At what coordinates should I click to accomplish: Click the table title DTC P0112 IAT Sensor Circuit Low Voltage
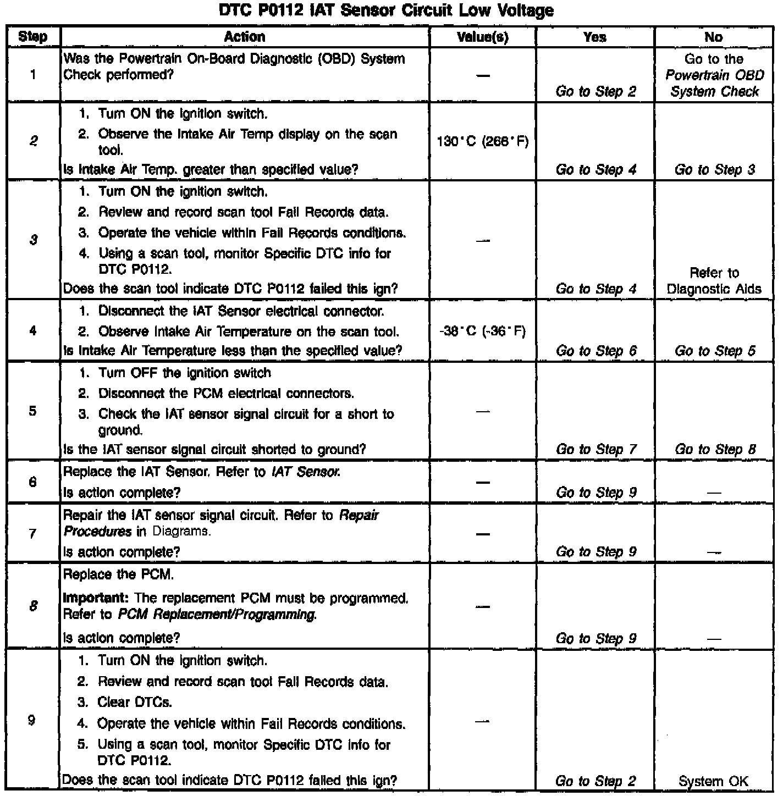(386, 10)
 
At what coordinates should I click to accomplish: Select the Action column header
(245, 37)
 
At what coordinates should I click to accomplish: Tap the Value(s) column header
(482, 37)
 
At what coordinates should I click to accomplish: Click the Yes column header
(594, 37)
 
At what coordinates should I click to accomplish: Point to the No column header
(713, 37)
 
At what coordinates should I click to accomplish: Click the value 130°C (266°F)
(482, 142)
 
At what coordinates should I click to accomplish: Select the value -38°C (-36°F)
(482, 331)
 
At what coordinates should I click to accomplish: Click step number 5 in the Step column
(32, 411)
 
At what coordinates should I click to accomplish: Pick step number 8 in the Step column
(33, 606)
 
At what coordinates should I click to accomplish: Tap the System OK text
(713, 781)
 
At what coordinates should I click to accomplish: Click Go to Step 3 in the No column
(714, 170)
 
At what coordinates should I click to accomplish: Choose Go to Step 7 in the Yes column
(595, 449)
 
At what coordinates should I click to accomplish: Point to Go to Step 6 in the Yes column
(595, 351)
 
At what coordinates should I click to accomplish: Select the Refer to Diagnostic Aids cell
(714, 281)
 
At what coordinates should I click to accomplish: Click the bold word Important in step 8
(97, 598)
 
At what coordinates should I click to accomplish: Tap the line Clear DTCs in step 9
(135, 702)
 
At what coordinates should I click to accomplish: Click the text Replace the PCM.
(119, 575)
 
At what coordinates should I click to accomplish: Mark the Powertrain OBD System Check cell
(714, 75)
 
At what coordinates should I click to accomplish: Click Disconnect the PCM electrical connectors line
(226, 394)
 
